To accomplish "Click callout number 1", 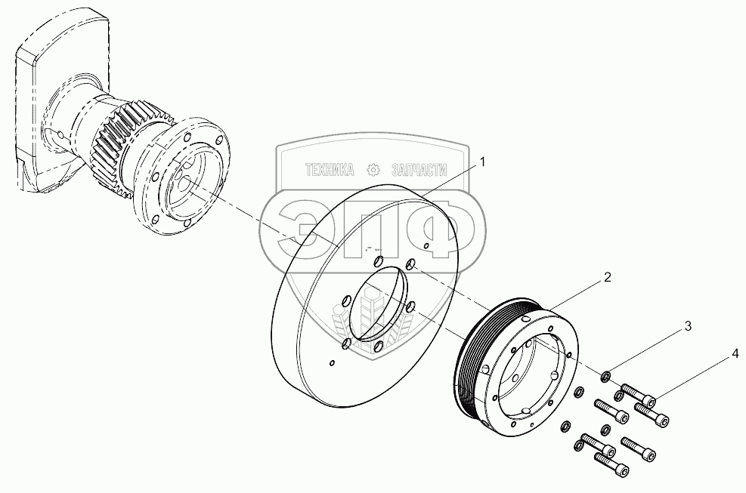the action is pos(482,162).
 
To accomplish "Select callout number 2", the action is pos(607,277).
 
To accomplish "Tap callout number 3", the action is pos(688,326).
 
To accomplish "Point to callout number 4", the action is pos(735,353).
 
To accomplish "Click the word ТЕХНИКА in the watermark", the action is pos(330,170).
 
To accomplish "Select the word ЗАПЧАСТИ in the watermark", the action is pos(419,170).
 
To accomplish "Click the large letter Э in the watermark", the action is pos(305,227).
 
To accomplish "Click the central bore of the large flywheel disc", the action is pos(379,304).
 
